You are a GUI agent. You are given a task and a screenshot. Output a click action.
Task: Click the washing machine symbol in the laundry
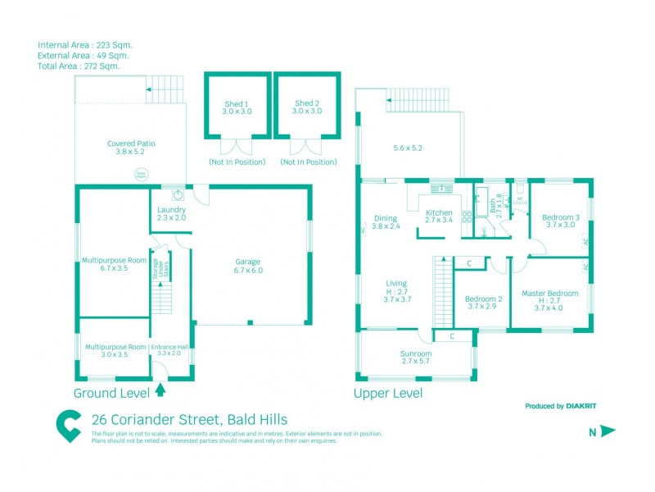point(178,195)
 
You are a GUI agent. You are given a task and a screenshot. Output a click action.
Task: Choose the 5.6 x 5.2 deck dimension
point(407,148)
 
